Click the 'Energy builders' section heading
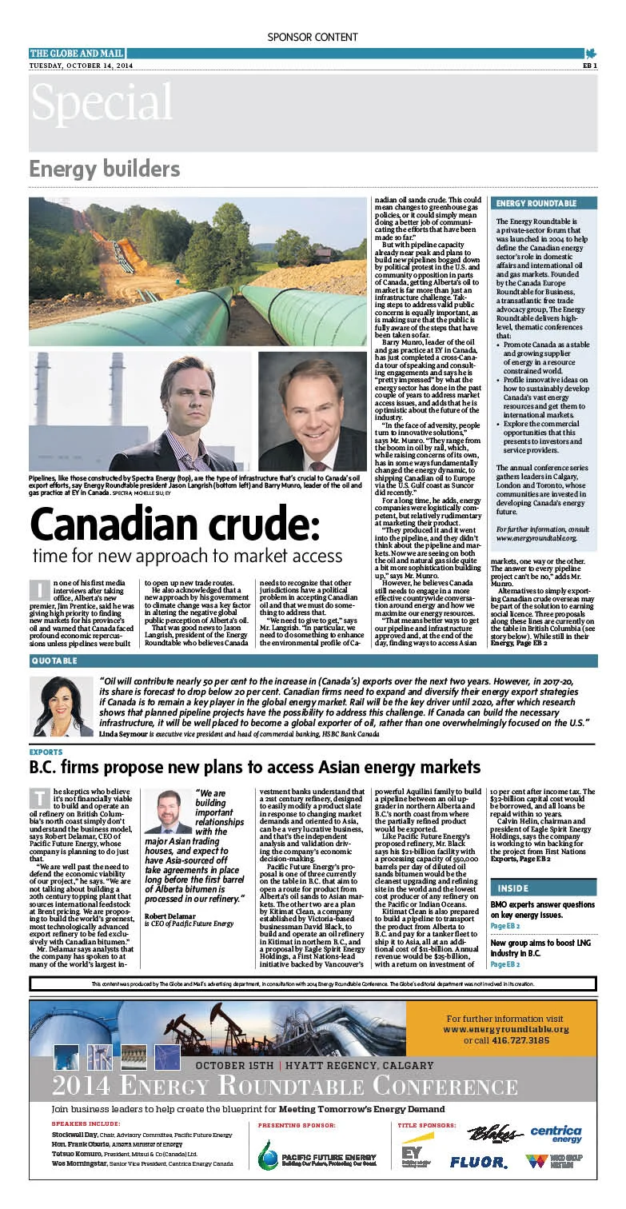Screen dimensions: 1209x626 tap(105, 170)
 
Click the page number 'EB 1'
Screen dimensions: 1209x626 tap(589, 66)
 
